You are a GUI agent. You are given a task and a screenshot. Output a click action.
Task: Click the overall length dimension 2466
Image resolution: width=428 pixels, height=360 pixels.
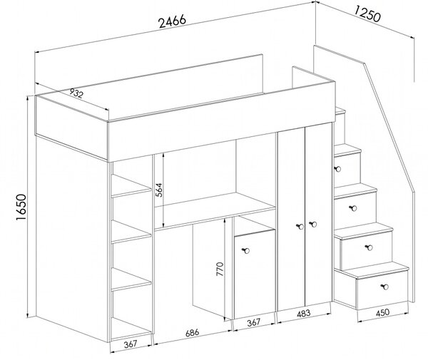pyautogui.click(x=173, y=21)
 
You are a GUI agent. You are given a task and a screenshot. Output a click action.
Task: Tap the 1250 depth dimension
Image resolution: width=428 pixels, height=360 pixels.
pyautogui.click(x=367, y=14)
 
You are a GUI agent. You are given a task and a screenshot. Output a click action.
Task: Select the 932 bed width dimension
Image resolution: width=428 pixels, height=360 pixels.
pyautogui.click(x=76, y=93)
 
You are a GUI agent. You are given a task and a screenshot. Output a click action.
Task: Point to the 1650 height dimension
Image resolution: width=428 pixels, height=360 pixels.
pyautogui.click(x=21, y=207)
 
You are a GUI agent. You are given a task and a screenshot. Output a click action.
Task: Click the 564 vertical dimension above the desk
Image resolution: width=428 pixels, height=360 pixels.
pyautogui.click(x=159, y=190)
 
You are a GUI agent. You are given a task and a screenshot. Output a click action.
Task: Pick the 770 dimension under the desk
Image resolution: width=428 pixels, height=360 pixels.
pyautogui.click(x=220, y=269)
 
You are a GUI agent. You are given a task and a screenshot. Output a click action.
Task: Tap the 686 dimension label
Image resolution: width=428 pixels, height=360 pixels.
pyautogui.click(x=193, y=333)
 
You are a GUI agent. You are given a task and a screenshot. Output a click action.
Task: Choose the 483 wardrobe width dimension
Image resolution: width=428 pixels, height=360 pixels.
pyautogui.click(x=303, y=313)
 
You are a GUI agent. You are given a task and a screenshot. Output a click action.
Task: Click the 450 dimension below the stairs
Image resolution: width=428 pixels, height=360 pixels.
pyautogui.click(x=382, y=312)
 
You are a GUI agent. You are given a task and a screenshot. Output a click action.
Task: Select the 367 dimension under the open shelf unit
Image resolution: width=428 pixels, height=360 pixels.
pyautogui.click(x=131, y=344)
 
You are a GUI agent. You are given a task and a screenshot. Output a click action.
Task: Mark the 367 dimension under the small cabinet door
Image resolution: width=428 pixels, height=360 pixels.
pyautogui.click(x=253, y=323)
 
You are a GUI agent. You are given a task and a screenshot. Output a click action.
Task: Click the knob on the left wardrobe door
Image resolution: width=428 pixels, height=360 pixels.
pyautogui.click(x=300, y=227)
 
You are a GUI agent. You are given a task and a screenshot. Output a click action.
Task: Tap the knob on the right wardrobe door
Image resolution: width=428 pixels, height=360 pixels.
pyautogui.click(x=313, y=224)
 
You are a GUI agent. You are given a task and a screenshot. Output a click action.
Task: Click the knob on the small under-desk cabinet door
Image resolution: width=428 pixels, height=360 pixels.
pyautogui.click(x=246, y=250)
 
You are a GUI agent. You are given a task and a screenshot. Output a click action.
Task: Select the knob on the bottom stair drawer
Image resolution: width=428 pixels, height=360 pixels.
pyautogui.click(x=385, y=287)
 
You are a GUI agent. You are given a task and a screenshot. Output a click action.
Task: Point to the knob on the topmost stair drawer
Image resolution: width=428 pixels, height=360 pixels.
pyautogui.click(x=337, y=169)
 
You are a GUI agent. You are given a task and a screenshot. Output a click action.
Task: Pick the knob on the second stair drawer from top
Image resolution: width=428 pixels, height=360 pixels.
pyautogui.click(x=353, y=208)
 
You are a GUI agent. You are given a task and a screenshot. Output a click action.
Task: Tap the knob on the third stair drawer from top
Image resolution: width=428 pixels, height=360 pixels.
pyautogui.click(x=369, y=247)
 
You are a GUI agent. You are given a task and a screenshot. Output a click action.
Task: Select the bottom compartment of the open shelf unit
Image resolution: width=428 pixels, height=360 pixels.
pyautogui.click(x=131, y=329)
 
